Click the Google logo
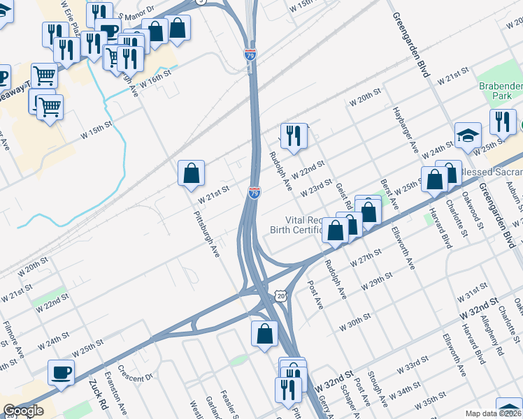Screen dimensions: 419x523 coord(23,411)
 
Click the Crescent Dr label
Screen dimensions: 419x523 coord(136,374)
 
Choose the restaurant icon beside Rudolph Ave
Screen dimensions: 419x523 coord(293,135)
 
